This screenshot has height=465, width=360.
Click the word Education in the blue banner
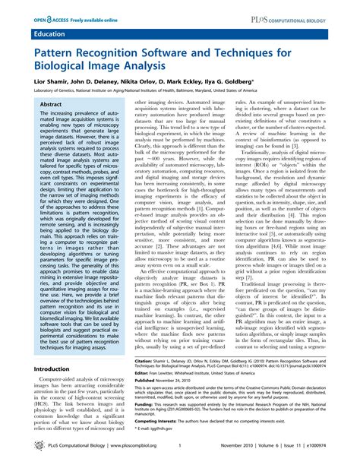coord(49,34)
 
